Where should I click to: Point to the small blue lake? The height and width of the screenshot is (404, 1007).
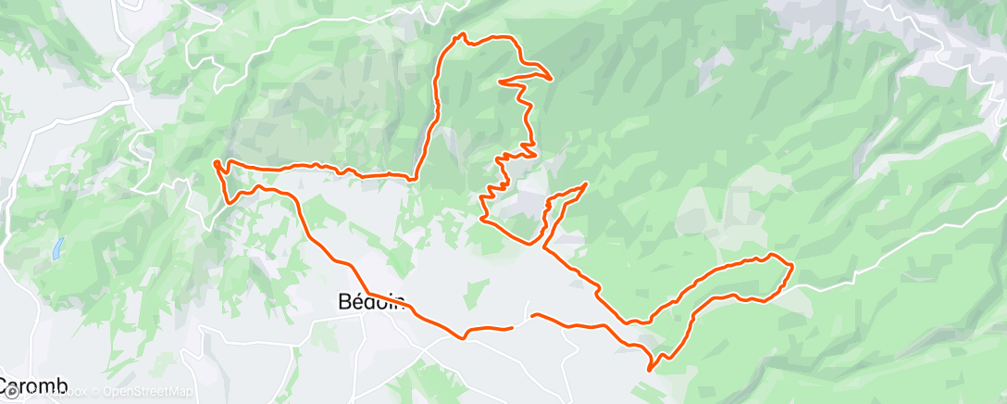58,247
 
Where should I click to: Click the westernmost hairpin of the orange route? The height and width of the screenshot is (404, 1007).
216,164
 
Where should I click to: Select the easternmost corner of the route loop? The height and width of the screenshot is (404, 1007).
792,267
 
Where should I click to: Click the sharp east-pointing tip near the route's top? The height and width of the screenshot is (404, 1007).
552,78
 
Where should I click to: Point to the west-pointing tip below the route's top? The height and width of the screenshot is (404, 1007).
500,82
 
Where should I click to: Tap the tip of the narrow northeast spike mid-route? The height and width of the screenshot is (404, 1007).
587,183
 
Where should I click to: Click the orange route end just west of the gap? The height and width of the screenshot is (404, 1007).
512,327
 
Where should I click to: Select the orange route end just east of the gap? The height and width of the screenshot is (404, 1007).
534,316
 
